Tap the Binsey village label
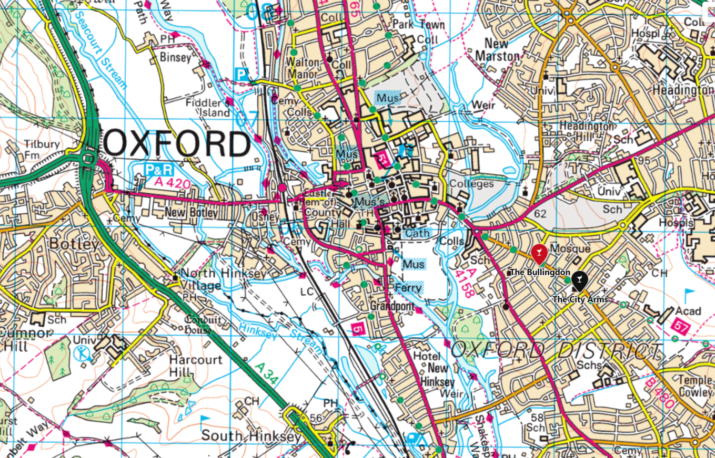pos(175,57)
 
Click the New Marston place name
pos(502,49)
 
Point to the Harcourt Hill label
pos(196,366)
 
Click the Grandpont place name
pos(393,306)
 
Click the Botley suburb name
pos(74,244)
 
